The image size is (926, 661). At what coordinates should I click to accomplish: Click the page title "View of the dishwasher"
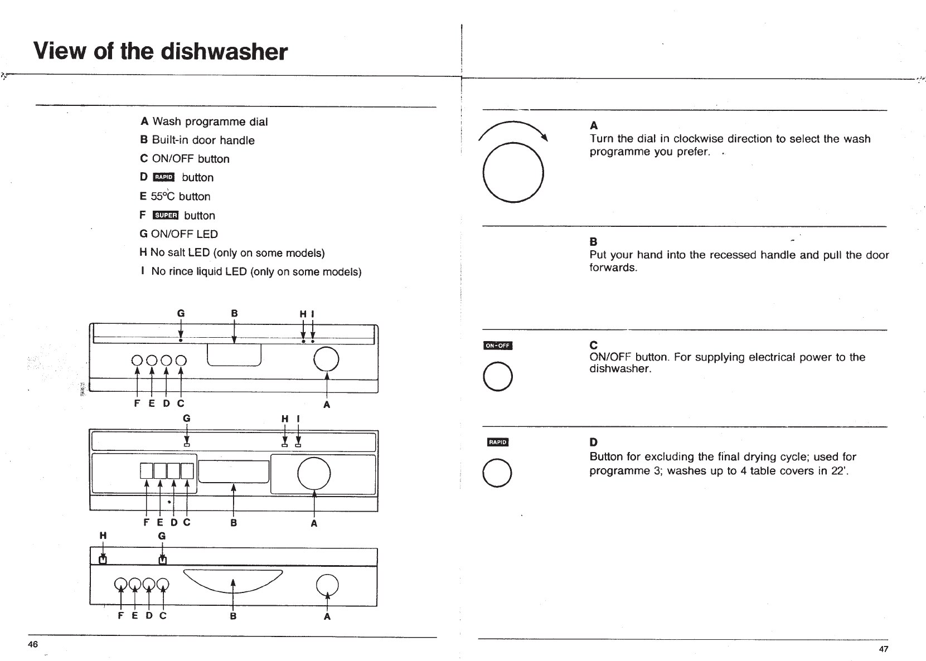click(x=161, y=52)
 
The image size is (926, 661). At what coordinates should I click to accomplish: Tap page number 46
click(x=33, y=644)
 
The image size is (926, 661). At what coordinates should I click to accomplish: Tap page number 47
click(x=884, y=649)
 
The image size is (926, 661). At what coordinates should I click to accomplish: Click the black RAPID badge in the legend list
click(x=164, y=177)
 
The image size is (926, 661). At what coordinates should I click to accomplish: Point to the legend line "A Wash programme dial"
click(x=204, y=121)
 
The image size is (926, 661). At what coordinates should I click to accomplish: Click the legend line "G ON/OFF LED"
click(x=178, y=234)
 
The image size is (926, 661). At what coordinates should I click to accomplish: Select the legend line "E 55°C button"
click(x=175, y=196)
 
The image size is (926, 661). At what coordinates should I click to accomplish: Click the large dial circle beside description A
click(x=513, y=172)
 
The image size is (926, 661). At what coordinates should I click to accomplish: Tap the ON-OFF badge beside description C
click(x=497, y=346)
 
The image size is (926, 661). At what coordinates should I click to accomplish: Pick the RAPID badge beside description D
click(x=497, y=443)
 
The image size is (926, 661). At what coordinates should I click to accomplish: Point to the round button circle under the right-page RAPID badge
click(x=497, y=473)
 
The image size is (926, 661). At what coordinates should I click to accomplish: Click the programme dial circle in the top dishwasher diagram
click(x=326, y=359)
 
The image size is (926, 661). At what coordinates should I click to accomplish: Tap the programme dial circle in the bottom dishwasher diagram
click(x=327, y=584)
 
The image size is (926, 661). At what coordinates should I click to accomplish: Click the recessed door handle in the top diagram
click(x=234, y=355)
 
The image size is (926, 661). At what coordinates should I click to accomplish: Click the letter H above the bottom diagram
click(x=103, y=536)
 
